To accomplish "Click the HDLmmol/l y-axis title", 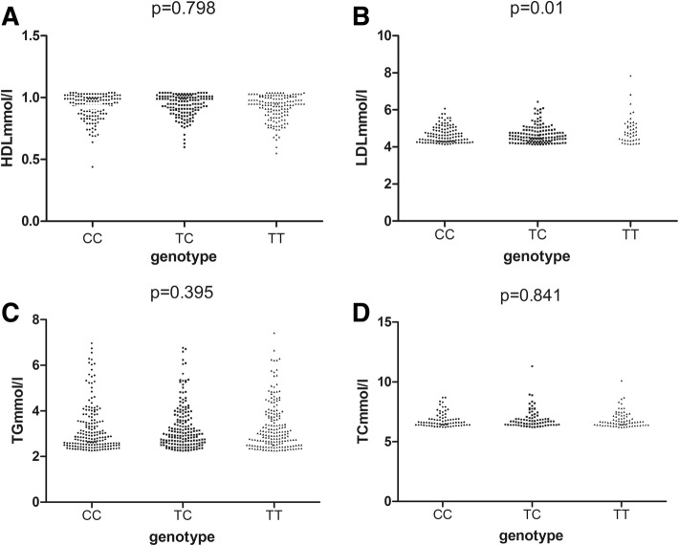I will click(x=17, y=123).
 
